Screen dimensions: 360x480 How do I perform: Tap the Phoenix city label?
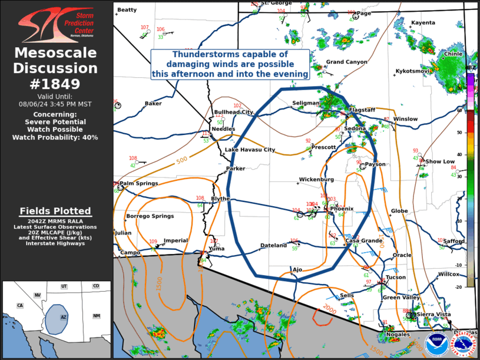pyautogui.click(x=342, y=209)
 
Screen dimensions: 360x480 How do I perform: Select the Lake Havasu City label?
pyautogui.click(x=250, y=150)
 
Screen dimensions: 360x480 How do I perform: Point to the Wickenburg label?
pyautogui.click(x=316, y=179)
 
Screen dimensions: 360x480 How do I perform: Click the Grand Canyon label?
pyautogui.click(x=347, y=62)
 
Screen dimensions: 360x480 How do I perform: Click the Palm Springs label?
pyautogui.click(x=138, y=183)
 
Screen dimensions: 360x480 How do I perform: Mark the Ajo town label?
pyautogui.click(x=297, y=269)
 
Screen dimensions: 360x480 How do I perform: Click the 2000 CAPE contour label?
pyautogui.click(x=330, y=309)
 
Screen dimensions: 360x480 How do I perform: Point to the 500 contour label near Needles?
pyautogui.click(x=182, y=160)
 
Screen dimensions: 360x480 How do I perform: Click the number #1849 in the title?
pyautogui.click(x=56, y=84)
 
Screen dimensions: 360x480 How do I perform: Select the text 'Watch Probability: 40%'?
pyautogui.click(x=55, y=137)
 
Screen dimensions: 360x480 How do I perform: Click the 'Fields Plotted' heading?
pyautogui.click(x=55, y=211)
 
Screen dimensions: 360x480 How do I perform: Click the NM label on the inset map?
pyautogui.click(x=96, y=316)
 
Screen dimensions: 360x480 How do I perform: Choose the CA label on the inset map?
pyautogui.click(x=19, y=305)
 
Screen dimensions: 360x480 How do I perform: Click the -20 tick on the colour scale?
pyautogui.click(x=474, y=287)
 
